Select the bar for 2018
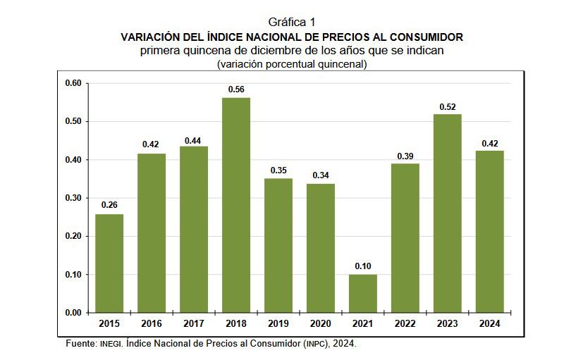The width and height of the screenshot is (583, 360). [x=236, y=204]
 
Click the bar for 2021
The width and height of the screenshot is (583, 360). [x=363, y=293]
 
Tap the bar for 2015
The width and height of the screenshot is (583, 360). [x=109, y=263]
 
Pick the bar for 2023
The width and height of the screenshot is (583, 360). [x=448, y=213]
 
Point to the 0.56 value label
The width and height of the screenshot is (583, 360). [x=236, y=89]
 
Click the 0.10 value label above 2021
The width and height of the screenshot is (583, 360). [x=363, y=266]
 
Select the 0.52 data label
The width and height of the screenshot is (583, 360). [x=448, y=106]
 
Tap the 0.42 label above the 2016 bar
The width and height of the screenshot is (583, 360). [x=151, y=144]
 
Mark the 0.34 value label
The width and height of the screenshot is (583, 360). [x=321, y=175]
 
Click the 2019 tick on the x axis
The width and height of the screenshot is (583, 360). [x=278, y=323]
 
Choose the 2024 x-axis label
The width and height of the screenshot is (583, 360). [x=490, y=323]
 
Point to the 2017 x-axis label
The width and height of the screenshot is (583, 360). [x=194, y=323]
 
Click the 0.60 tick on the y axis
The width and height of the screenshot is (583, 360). [x=74, y=83]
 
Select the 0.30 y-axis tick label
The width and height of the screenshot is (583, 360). [x=74, y=198]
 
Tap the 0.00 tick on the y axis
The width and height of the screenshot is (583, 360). [x=74, y=313]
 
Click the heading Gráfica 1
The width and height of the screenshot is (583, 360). [x=292, y=23]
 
